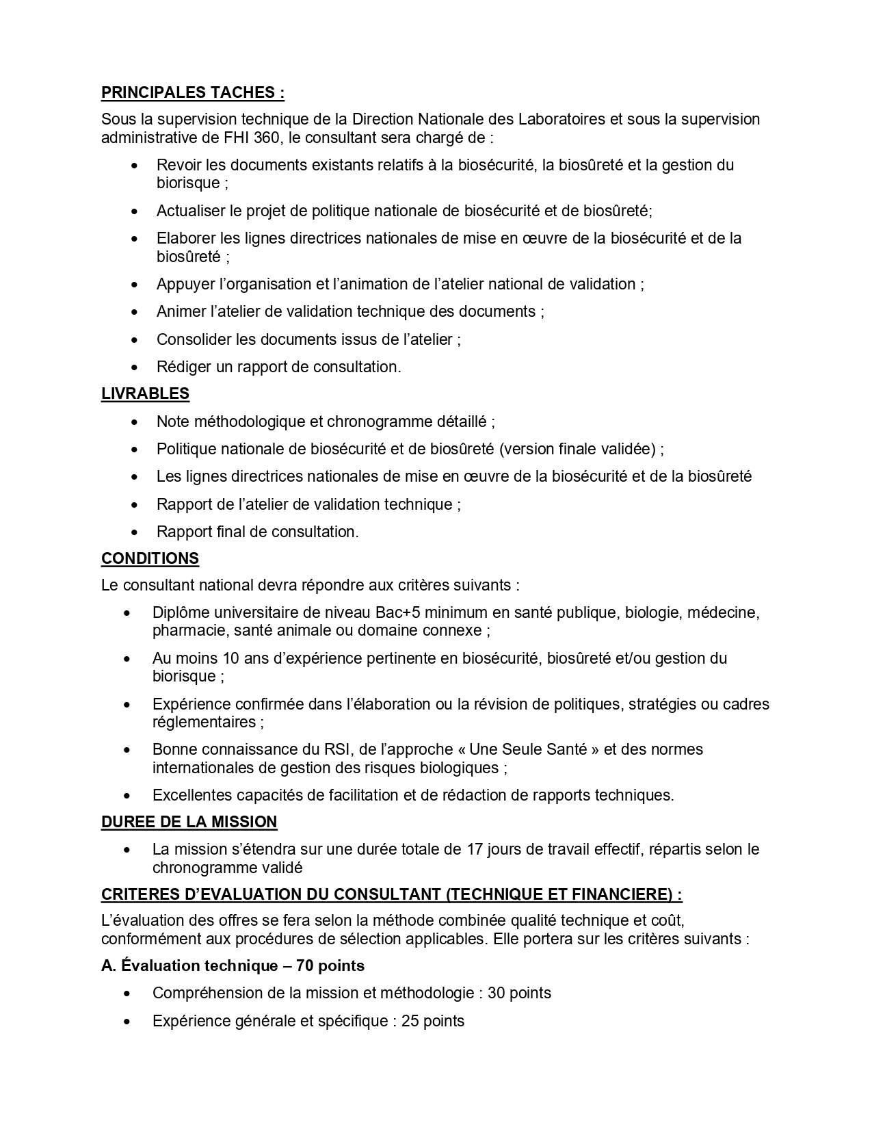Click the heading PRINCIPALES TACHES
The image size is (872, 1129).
tap(192, 92)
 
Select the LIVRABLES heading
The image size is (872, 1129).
tap(145, 393)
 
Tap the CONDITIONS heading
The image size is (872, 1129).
tap(150, 558)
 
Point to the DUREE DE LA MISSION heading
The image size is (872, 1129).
tap(189, 822)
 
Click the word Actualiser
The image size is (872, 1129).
tap(190, 211)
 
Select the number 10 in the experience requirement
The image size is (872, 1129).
tap(230, 658)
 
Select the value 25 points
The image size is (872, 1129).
tap(432, 1021)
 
